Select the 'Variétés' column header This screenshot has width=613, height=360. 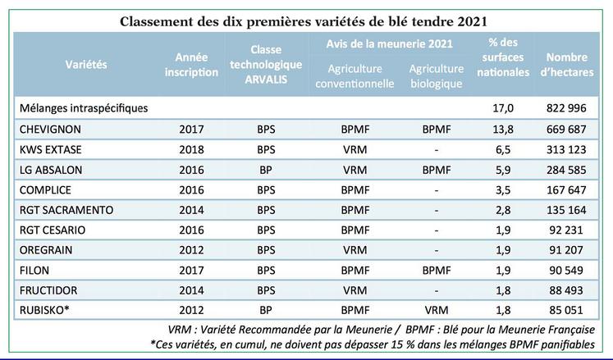[x=86, y=65]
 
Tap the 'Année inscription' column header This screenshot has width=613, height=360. [x=197, y=65]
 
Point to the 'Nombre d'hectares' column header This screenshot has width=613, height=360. [x=565, y=65]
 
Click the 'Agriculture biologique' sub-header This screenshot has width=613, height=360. [x=435, y=75]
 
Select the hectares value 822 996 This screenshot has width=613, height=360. [x=565, y=107]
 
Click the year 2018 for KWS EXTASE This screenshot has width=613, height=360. [x=192, y=149]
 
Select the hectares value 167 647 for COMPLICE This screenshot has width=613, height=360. [x=565, y=189]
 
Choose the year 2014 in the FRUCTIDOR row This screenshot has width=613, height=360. [x=192, y=289]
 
